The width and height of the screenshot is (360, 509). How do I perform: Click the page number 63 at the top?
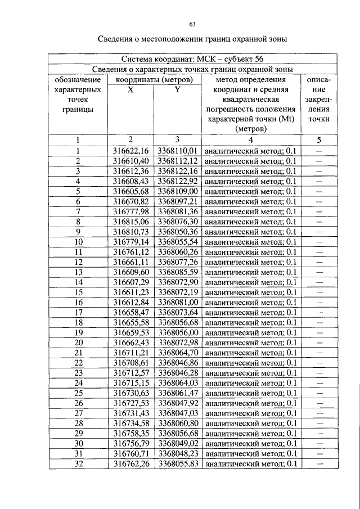click(x=192, y=24)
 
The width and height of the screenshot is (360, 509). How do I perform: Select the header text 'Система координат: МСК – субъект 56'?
click(x=192, y=59)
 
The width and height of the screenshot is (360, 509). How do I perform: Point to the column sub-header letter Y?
click(x=177, y=89)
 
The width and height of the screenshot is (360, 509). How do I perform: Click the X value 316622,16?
click(x=130, y=151)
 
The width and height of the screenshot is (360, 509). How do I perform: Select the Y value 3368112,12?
click(x=177, y=161)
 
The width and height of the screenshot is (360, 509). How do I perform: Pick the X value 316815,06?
click(x=130, y=222)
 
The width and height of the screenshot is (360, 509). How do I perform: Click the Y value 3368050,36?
click(x=177, y=232)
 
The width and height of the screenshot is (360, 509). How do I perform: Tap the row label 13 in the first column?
click(x=79, y=272)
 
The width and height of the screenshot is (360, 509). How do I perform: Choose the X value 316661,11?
click(x=130, y=262)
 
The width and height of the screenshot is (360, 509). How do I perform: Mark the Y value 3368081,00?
click(x=177, y=303)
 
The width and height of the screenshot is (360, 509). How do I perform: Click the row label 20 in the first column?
click(x=79, y=343)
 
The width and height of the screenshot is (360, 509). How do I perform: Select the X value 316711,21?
click(x=130, y=353)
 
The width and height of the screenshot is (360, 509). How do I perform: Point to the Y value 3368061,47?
click(x=177, y=393)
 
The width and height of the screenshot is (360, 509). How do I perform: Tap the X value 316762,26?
click(x=130, y=463)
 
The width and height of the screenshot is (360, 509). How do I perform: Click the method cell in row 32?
click(x=251, y=463)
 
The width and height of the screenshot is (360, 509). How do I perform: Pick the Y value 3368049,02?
click(x=177, y=443)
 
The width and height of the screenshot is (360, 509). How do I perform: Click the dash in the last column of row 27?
click(x=319, y=413)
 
